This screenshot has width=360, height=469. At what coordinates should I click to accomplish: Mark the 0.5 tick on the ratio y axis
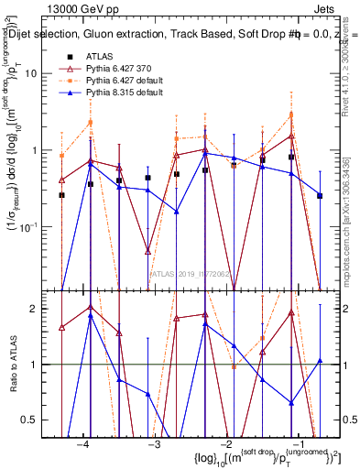[x=38, y=420]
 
